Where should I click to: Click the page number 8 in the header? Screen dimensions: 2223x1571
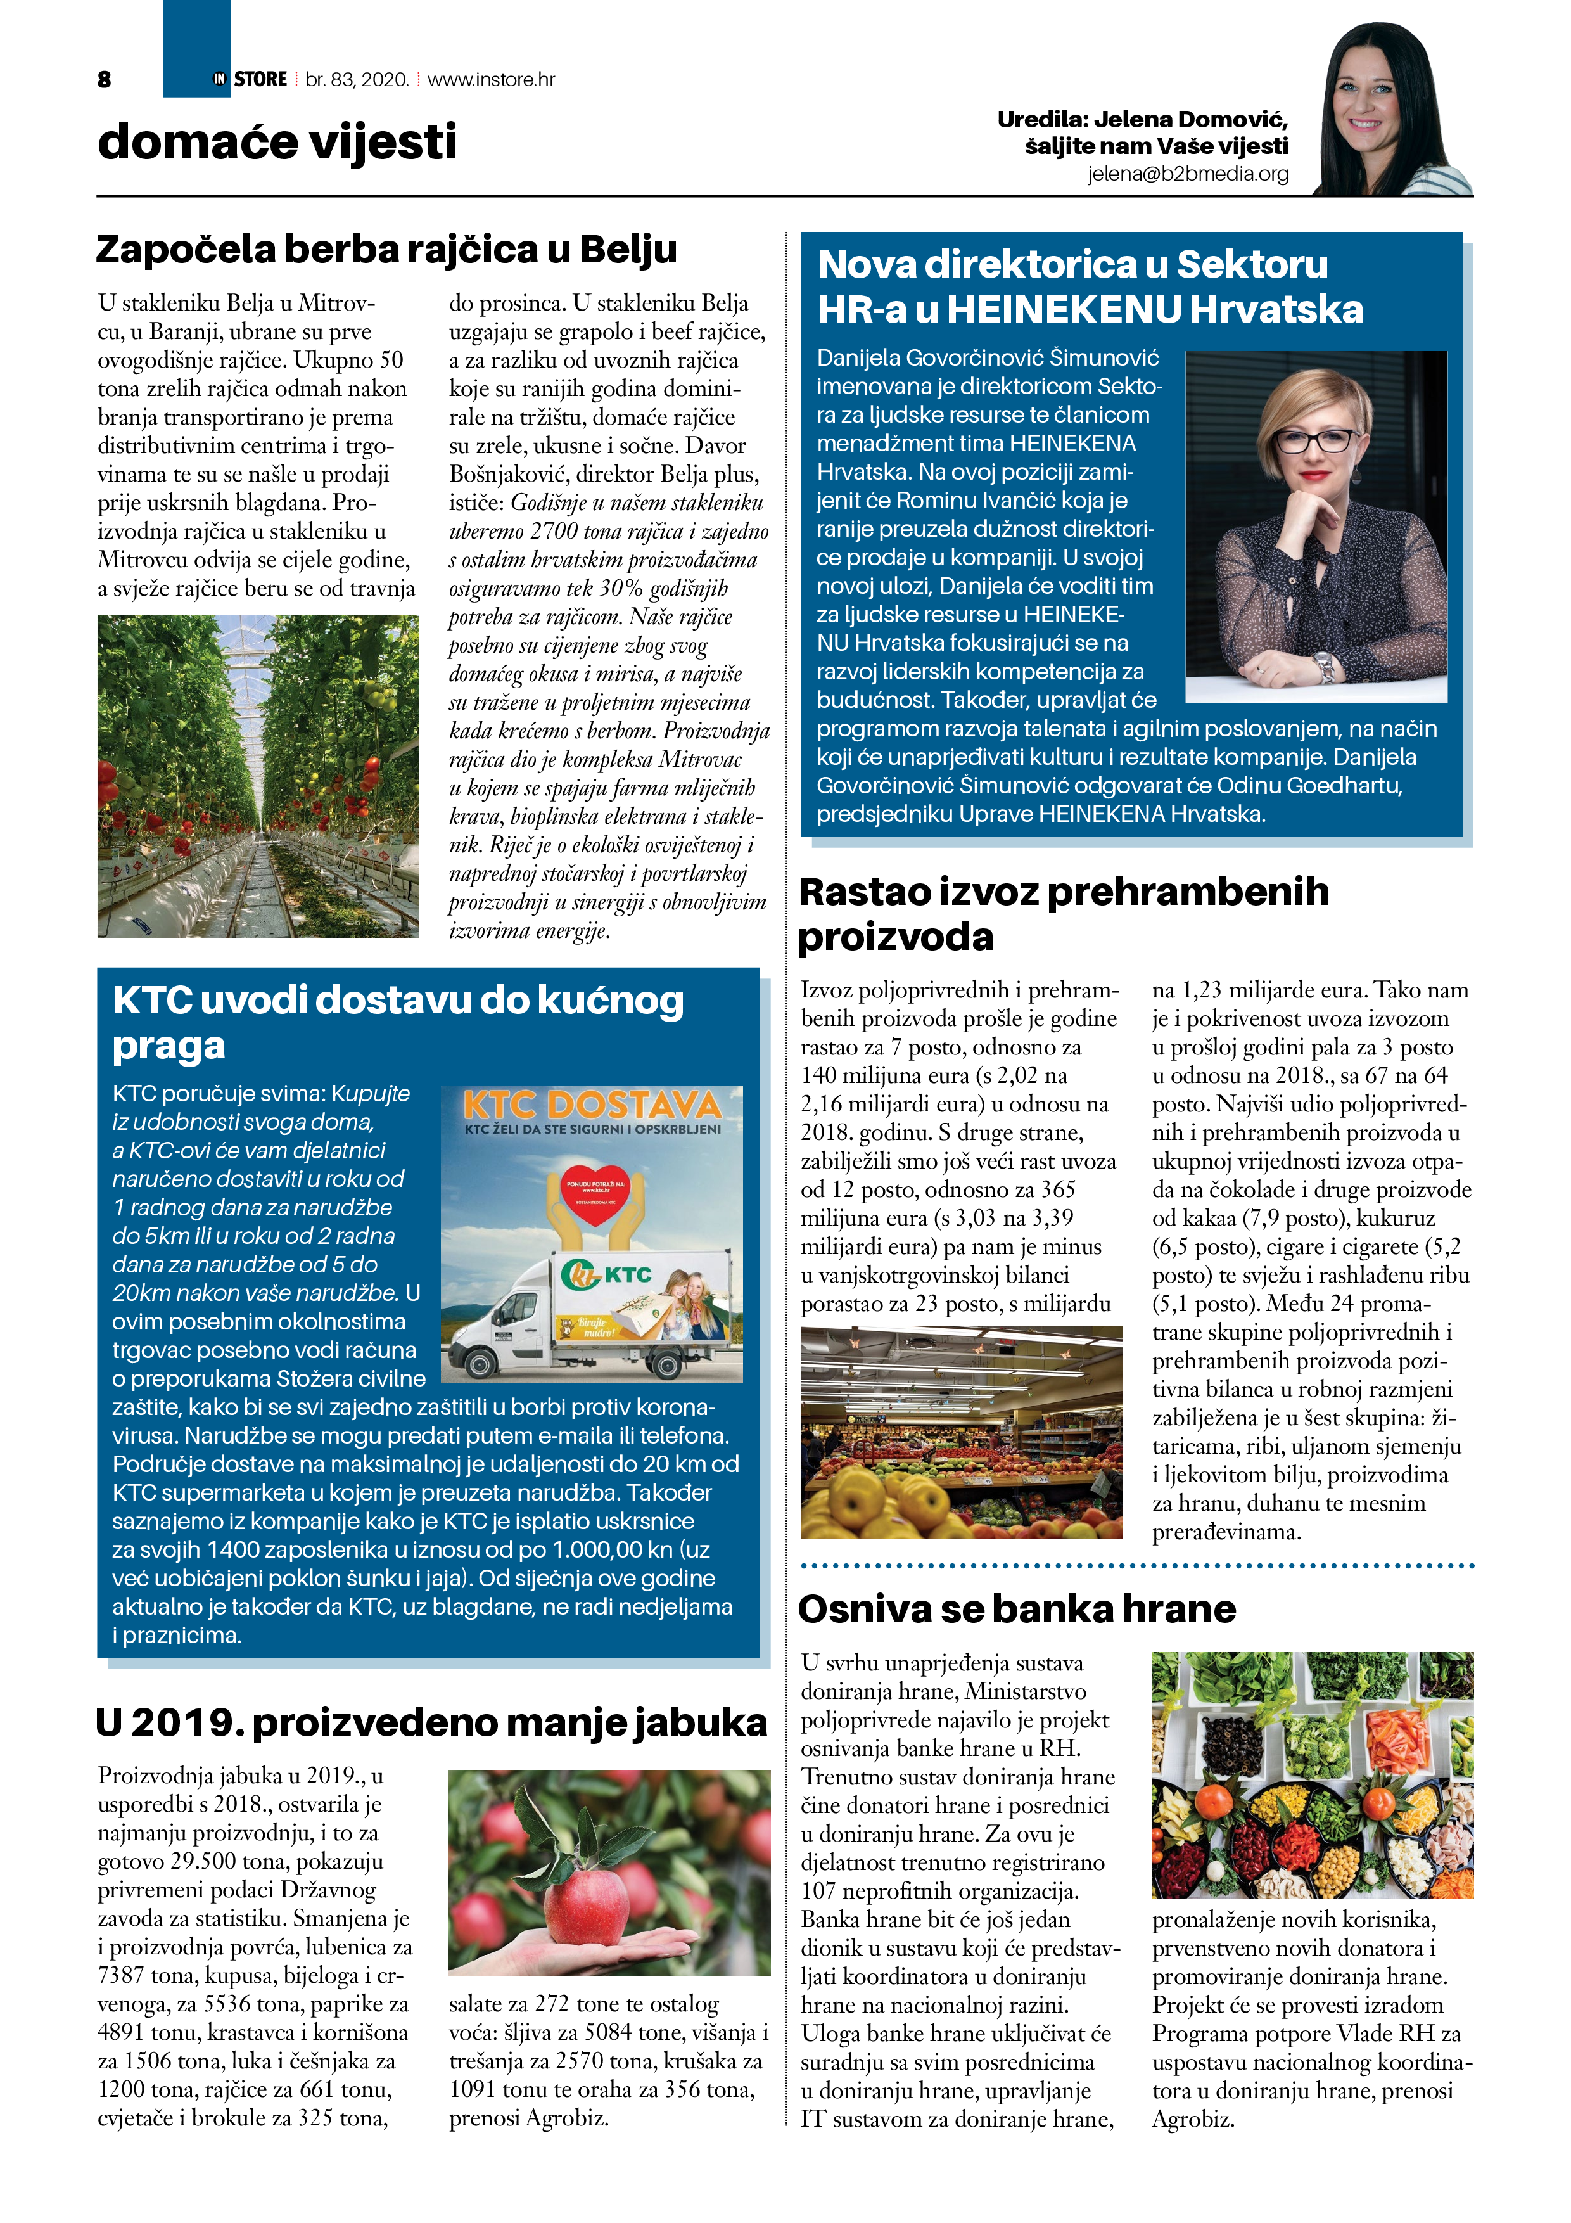point(105,79)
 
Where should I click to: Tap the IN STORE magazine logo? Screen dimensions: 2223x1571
point(251,79)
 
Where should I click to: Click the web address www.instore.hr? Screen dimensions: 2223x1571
point(491,79)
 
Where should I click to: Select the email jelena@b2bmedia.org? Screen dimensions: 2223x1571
point(1188,173)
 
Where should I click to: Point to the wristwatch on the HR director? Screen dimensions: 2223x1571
point(1324,665)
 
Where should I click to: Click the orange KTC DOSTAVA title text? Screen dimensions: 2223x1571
point(592,1105)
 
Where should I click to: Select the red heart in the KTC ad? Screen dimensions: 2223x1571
point(594,1192)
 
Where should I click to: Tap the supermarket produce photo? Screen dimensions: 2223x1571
point(961,1432)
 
